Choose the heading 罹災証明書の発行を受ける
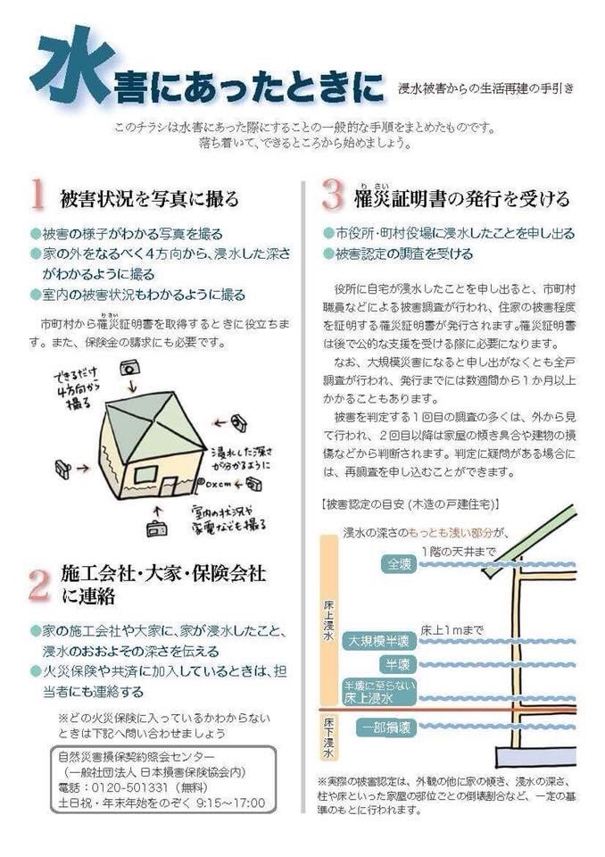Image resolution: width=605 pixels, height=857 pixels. [460, 197]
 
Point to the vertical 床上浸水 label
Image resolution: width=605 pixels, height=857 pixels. [328, 626]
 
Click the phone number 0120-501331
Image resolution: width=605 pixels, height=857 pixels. [144, 789]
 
